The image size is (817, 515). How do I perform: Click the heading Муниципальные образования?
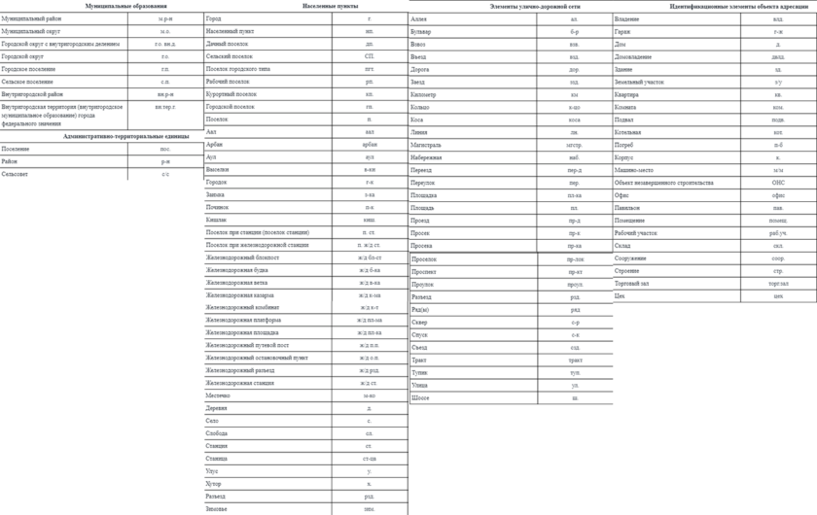(126, 6)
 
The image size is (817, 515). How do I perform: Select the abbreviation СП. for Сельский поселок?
(370, 56)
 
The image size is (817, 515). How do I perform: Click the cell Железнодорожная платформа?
(244, 320)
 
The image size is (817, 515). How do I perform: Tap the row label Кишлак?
(216, 220)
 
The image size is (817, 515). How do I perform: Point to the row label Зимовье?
(217, 508)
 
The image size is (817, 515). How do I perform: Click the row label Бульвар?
(423, 31)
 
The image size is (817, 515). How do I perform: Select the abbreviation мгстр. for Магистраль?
(575, 144)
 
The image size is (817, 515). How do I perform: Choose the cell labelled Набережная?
(428, 156)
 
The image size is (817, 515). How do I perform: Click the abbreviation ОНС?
(778, 182)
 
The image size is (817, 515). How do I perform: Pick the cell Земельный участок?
(638, 82)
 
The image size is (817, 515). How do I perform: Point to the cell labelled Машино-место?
(635, 169)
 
